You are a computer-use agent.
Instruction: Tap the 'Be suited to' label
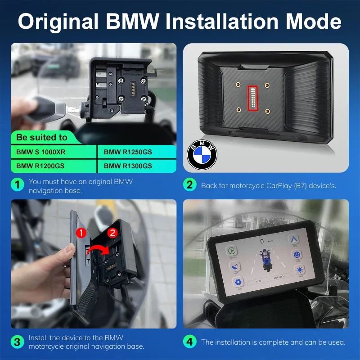[42, 137]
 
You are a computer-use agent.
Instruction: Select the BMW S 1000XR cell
[41, 152]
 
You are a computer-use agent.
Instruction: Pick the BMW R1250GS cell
[128, 152]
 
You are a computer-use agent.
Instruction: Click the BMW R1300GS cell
[128, 166]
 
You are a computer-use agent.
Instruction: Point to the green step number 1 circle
[18, 185]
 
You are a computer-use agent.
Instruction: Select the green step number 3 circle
[18, 342]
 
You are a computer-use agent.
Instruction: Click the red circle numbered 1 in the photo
[79, 233]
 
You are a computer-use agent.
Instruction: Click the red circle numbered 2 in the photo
[113, 233]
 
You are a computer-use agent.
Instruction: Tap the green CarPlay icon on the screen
[232, 250]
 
